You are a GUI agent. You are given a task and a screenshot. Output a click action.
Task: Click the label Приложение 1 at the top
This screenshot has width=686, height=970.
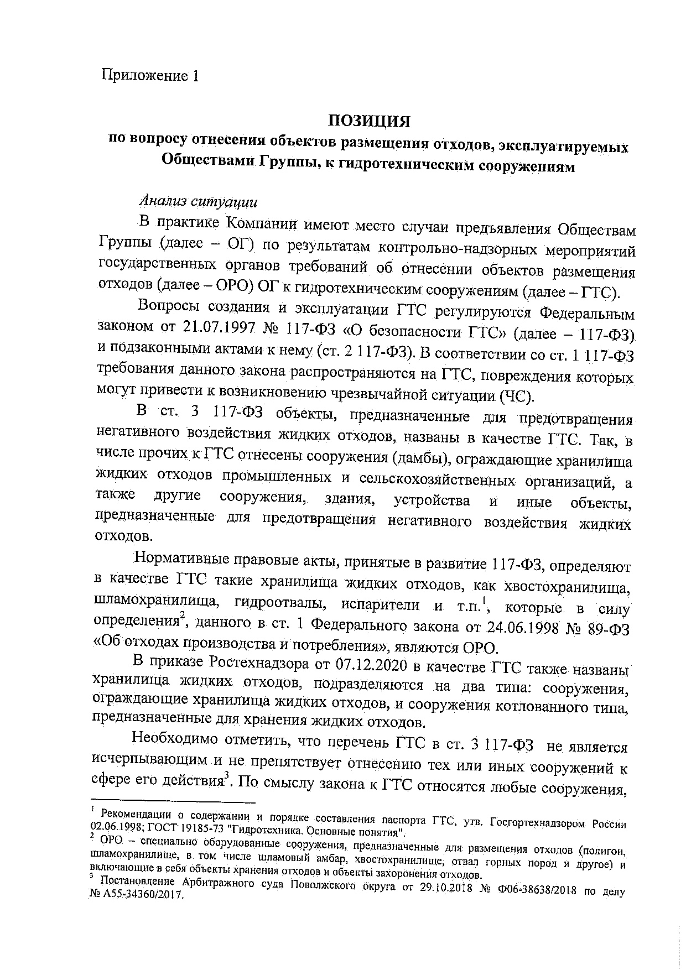[149, 75]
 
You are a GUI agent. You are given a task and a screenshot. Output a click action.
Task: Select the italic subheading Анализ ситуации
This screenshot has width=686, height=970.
[198, 200]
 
